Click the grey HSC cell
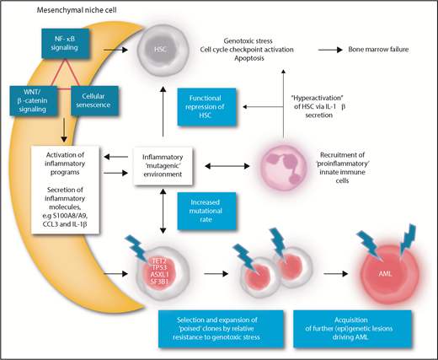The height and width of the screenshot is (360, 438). click(163, 46)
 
